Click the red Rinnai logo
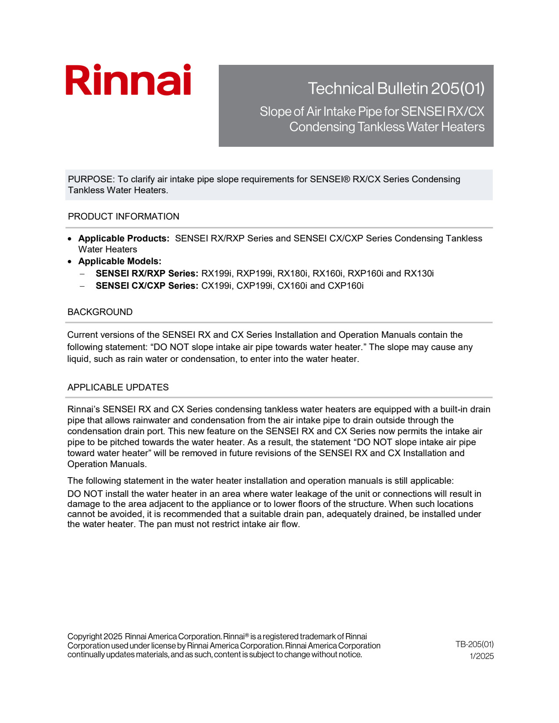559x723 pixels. pyautogui.click(x=128, y=80)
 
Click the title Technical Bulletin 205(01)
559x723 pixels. pyautogui.click(x=396, y=89)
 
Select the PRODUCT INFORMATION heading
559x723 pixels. pyautogui.click(x=123, y=216)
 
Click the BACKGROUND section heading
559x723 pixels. pyautogui.click(x=100, y=312)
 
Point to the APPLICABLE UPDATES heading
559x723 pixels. pyautogui.click(x=118, y=387)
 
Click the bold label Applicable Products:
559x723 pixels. pyautogui.click(x=124, y=238)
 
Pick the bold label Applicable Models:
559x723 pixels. pyautogui.click(x=120, y=261)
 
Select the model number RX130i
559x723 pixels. pyautogui.click(x=419, y=273)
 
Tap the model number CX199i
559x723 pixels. pyautogui.click(x=216, y=286)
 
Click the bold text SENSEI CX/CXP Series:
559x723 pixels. pyautogui.click(x=147, y=286)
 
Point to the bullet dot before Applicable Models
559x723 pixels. pyautogui.click(x=70, y=262)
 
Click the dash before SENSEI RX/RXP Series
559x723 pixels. pyautogui.click(x=82, y=274)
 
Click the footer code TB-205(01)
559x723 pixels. pyautogui.click(x=474, y=644)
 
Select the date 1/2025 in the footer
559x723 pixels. pyautogui.click(x=481, y=656)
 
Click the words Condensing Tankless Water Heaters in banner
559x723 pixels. pyautogui.click(x=387, y=127)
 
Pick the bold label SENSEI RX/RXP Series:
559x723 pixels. pyautogui.click(x=147, y=273)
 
